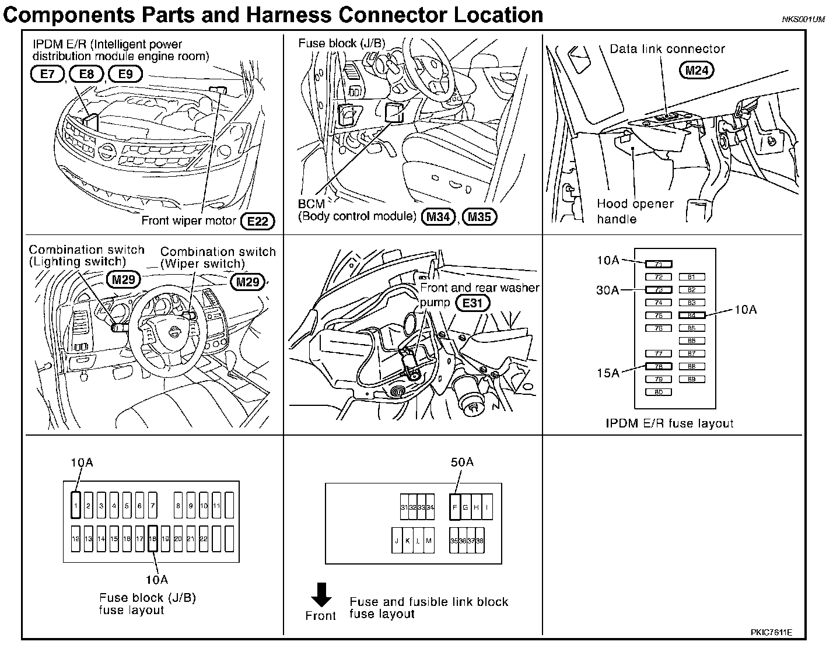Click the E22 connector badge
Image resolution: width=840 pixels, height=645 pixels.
(x=257, y=220)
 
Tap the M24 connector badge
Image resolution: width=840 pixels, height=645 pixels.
(x=696, y=71)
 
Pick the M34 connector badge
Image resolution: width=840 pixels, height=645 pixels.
(x=438, y=217)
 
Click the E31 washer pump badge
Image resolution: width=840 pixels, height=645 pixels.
(x=473, y=303)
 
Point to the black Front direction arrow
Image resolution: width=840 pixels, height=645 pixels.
(x=321, y=595)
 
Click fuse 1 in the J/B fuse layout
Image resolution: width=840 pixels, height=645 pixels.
(x=76, y=505)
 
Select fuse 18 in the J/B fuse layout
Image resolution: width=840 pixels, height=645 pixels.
(x=152, y=539)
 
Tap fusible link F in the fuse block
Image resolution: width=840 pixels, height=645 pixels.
(x=455, y=507)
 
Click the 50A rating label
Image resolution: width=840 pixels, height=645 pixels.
(x=462, y=462)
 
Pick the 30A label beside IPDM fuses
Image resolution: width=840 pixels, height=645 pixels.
(x=608, y=290)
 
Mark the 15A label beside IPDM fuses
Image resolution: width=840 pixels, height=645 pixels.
(x=608, y=372)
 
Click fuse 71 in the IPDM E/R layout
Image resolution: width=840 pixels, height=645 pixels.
(x=659, y=264)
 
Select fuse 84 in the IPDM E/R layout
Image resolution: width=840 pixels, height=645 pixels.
(x=692, y=315)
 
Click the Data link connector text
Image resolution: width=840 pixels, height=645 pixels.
(x=667, y=49)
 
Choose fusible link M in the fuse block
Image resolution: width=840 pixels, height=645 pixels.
(x=429, y=541)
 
